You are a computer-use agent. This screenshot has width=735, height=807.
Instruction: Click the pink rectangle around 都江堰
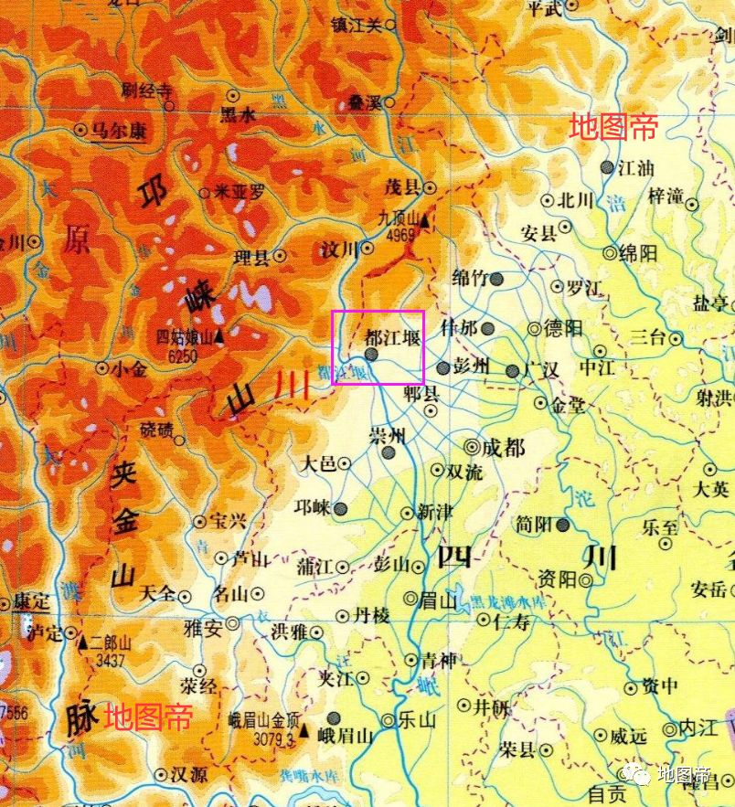tap(378, 346)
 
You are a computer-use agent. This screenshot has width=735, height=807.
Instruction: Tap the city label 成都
tap(504, 448)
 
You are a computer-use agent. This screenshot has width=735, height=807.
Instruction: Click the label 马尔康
tap(119, 131)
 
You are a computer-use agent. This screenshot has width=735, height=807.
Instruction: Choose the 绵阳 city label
tap(638, 254)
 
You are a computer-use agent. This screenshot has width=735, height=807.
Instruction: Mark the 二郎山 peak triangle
tap(82, 642)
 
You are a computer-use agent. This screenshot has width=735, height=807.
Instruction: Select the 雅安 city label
tap(203, 628)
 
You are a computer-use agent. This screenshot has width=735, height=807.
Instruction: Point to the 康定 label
tap(32, 603)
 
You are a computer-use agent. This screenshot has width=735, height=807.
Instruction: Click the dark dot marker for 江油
tap(607, 167)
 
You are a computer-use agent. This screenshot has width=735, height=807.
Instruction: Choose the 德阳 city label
tap(563, 328)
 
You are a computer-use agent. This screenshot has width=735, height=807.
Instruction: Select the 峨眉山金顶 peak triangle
tap(304, 731)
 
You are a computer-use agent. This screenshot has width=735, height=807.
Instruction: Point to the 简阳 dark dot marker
tap(563, 525)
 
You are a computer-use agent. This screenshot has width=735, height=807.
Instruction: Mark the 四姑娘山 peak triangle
tap(219, 334)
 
